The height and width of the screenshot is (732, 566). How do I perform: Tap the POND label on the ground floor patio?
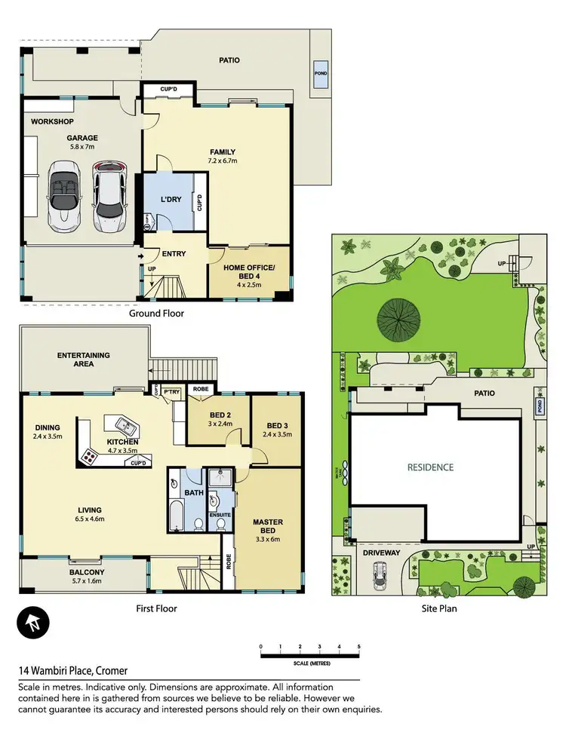coord(320,74)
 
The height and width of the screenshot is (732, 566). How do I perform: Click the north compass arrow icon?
coord(31,623)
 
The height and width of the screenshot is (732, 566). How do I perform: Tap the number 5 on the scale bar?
coord(358,647)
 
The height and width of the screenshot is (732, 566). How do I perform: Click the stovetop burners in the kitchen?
coord(91,455)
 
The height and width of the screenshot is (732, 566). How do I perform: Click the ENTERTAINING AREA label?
coord(83,359)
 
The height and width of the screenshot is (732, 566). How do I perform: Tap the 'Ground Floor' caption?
coord(156,313)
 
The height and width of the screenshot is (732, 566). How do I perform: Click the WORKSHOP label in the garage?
coord(51,121)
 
